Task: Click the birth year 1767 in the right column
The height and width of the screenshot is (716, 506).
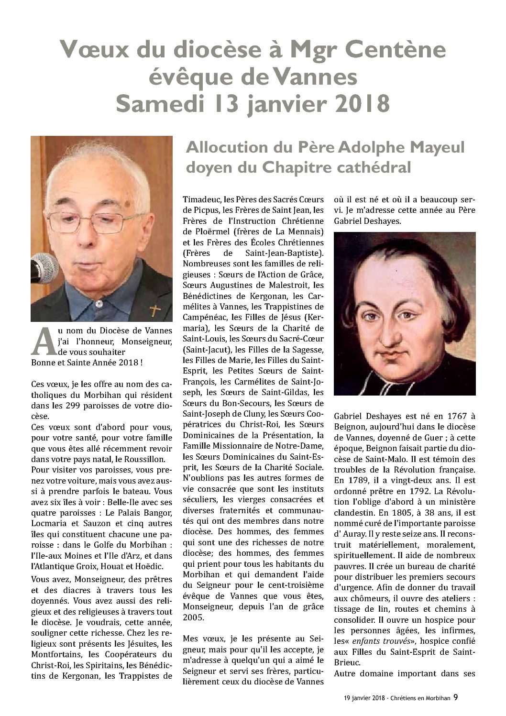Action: point(449,414)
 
